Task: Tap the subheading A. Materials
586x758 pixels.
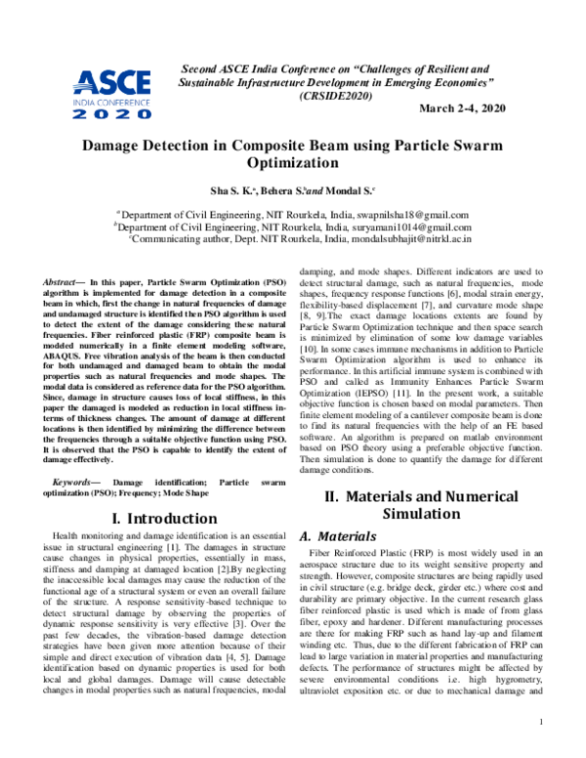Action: [335, 536]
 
